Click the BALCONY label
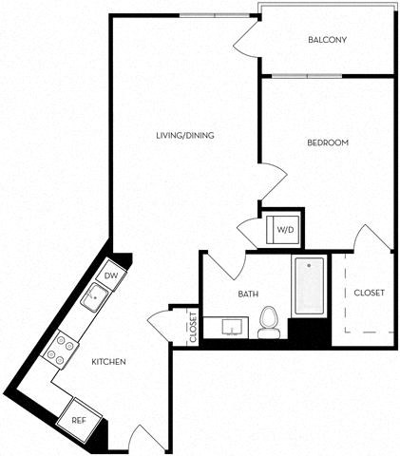coord(327,40)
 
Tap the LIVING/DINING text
coord(185,136)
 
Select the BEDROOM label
coord(328,142)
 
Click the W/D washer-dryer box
coord(284,229)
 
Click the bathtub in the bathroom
coord(309,285)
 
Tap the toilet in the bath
coord(269,323)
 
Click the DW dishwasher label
coord(110,275)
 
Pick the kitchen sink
coord(95,300)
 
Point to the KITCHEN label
coord(108,362)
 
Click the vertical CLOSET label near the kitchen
coord(192,326)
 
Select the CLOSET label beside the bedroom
coord(369,293)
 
